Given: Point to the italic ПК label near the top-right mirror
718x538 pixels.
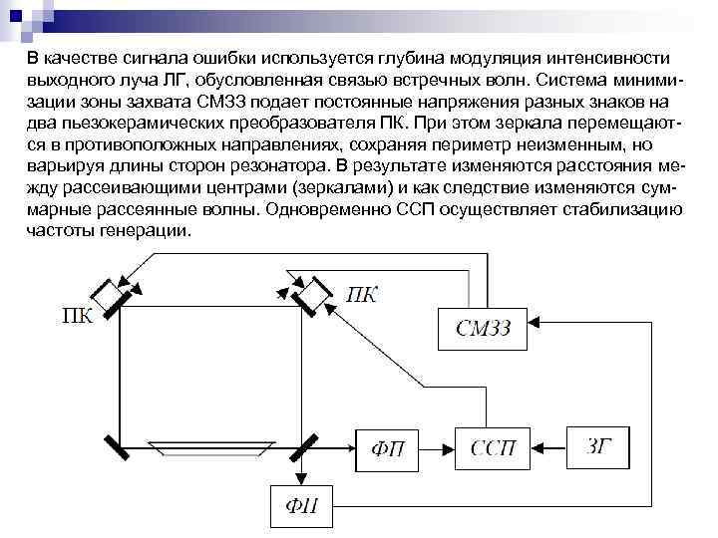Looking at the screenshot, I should [362, 296].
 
